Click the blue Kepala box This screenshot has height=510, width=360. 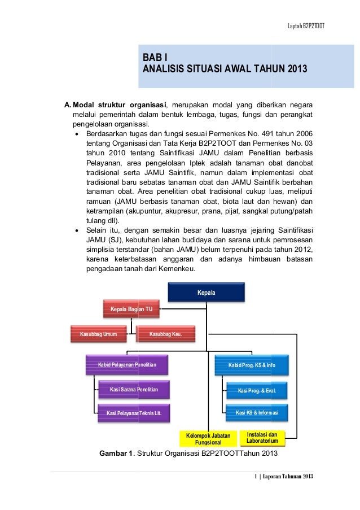[x=206, y=293]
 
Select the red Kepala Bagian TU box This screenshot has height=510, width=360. [x=131, y=309]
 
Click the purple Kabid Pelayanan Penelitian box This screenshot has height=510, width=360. [x=127, y=365]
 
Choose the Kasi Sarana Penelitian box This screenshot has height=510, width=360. [x=133, y=389]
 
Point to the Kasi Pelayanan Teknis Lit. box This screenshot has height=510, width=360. [x=133, y=413]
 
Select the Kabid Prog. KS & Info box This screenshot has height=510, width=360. [x=252, y=365]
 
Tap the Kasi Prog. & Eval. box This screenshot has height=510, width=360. [x=257, y=390]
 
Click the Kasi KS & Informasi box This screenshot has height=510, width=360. [x=257, y=412]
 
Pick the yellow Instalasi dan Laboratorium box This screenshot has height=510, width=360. [x=262, y=437]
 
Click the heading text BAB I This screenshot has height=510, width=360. [x=154, y=58]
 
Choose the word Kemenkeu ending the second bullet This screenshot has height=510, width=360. [x=177, y=269]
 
